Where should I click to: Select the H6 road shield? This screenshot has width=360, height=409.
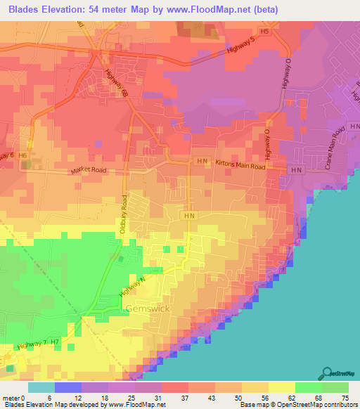click(23, 155)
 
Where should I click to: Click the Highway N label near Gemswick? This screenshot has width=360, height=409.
click(132, 283)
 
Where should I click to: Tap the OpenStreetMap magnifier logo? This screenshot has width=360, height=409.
click(327, 373)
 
